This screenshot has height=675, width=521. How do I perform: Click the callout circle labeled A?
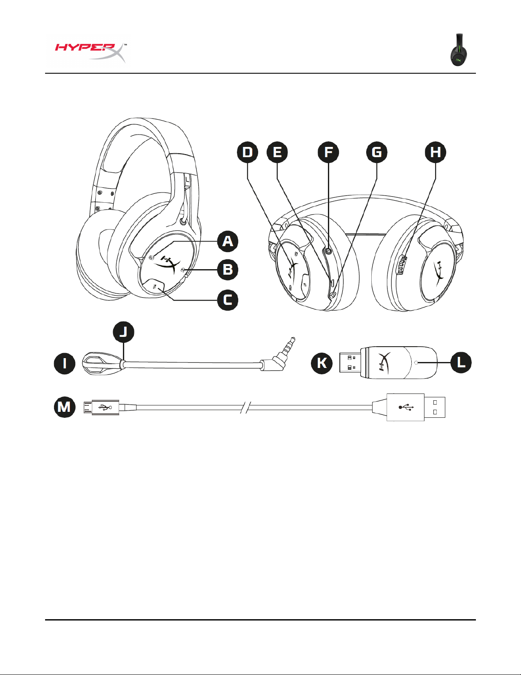coord(228,241)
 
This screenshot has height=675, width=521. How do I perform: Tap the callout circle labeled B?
coord(228,270)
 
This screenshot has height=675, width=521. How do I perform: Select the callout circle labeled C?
coord(228,300)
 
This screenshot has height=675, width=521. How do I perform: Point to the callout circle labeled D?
coord(248,152)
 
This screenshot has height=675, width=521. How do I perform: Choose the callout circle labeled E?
coord(277,152)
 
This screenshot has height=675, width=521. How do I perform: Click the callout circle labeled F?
coord(328,152)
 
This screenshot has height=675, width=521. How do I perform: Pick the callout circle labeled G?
coord(377,152)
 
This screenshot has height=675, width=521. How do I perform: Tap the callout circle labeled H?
coord(436,152)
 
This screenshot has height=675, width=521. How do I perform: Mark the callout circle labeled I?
coord(65,363)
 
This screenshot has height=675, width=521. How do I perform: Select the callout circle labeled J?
coord(123,332)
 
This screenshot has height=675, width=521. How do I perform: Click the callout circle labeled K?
coord(322,363)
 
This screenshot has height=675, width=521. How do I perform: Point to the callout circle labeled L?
coord(461,362)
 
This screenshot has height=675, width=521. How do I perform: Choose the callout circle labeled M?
coord(65,407)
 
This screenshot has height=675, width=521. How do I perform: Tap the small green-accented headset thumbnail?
coord(459,50)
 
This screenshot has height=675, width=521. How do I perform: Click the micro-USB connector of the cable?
coord(101,407)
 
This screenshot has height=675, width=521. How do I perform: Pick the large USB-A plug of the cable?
coord(416,407)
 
